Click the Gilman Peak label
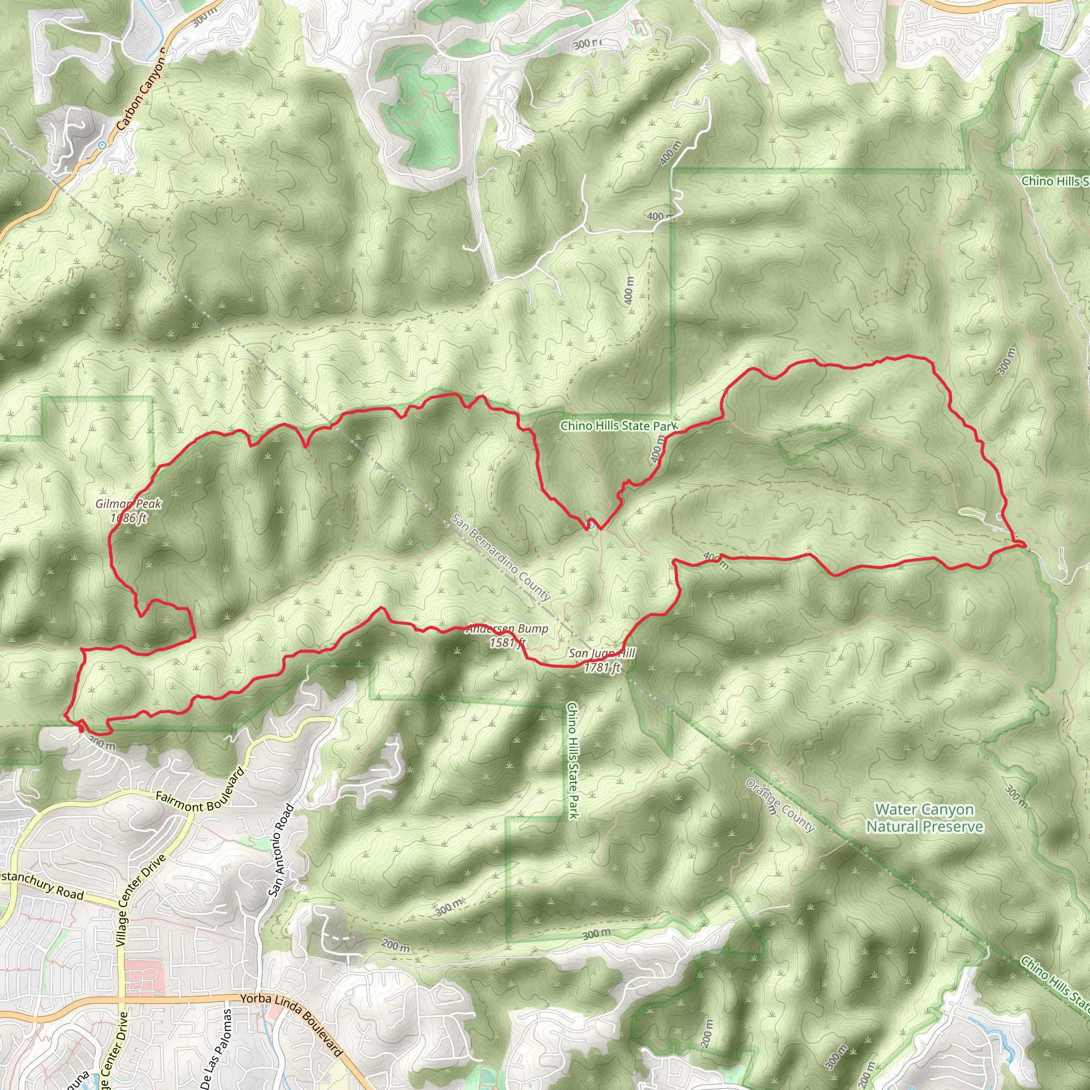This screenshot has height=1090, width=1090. click(x=129, y=504)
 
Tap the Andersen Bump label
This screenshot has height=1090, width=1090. click(x=507, y=629)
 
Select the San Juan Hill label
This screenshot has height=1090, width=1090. click(x=601, y=654)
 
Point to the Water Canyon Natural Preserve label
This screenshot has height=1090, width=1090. click(x=924, y=818)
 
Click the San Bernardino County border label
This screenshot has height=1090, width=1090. click(x=500, y=557)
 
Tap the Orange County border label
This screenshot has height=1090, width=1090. click(x=780, y=806)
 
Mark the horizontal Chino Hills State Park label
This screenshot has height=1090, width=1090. click(x=618, y=426)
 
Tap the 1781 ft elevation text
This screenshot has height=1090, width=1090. click(x=602, y=668)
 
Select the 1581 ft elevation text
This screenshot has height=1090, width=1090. click(x=507, y=642)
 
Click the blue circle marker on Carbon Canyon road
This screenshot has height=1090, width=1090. click(x=102, y=145)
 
